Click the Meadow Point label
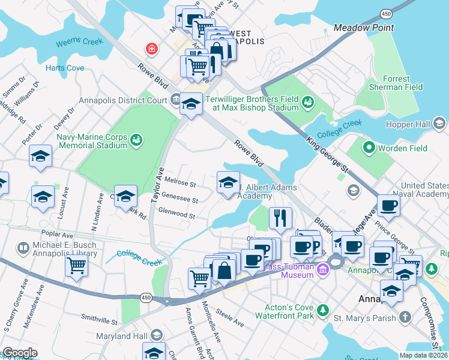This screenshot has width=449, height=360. pyautogui.click(x=364, y=28)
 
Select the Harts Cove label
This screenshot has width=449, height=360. pyautogui.click(x=65, y=68)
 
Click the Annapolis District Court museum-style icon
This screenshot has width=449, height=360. pyautogui.click(x=175, y=98)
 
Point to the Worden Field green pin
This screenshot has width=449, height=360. pyautogui.click(x=368, y=148)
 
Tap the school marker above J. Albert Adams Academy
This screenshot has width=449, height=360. pyautogui.click(x=228, y=182)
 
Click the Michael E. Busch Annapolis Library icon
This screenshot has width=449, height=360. pyautogui.click(x=23, y=248)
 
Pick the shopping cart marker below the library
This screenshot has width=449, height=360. pyautogui.click(x=77, y=266)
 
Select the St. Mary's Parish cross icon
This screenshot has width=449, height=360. pyautogui.click(x=406, y=316)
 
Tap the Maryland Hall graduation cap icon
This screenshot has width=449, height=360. pyautogui.click(x=157, y=335)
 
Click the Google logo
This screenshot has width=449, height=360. pyautogui.click(x=19, y=353)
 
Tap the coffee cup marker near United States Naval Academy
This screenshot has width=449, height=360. pyautogui.click(x=389, y=205)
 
